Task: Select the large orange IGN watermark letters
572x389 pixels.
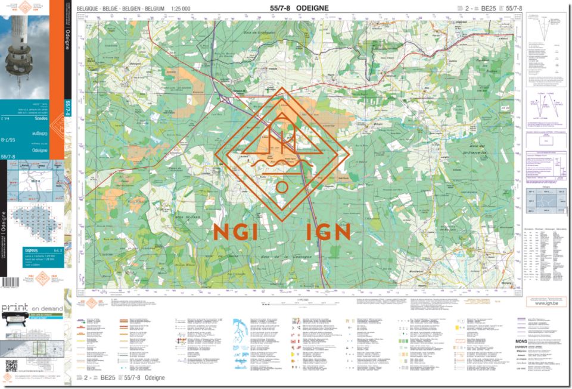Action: click(x=328, y=231)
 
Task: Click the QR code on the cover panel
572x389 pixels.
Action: click(x=11, y=365)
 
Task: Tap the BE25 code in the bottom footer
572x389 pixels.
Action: click(x=107, y=378)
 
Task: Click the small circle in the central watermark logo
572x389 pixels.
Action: click(x=282, y=186)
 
